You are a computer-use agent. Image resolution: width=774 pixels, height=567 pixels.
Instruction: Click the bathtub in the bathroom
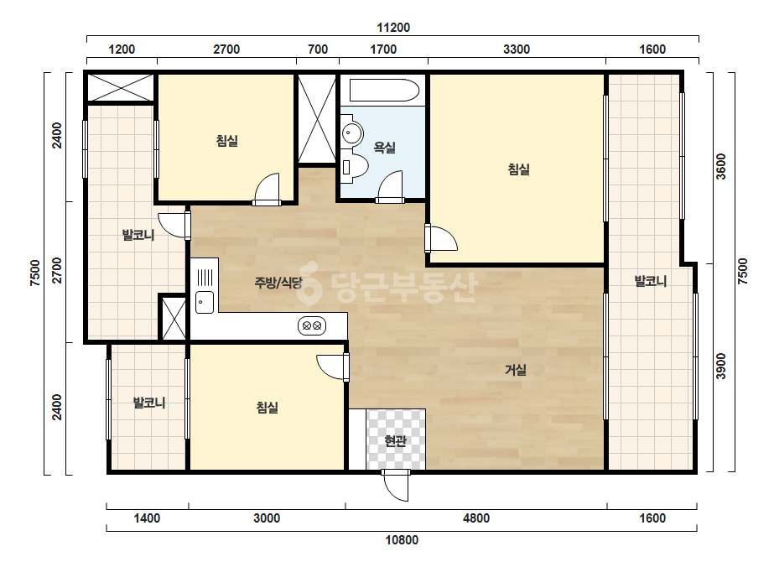384,91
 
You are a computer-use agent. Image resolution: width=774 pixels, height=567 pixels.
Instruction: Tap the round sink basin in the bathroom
352,133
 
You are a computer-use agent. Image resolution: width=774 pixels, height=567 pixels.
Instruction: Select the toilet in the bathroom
354,167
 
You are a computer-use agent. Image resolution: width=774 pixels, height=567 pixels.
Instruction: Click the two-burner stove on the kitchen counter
312,326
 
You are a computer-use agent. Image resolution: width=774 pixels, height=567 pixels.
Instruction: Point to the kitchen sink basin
205,302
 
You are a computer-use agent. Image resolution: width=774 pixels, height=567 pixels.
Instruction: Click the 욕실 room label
385,147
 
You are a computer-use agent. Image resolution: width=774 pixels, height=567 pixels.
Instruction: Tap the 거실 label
516,369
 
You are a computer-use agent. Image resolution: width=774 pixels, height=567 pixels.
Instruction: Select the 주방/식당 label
278,283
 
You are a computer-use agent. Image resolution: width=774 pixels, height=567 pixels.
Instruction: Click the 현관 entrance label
396,440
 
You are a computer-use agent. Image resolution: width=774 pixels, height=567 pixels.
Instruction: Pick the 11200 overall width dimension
393,28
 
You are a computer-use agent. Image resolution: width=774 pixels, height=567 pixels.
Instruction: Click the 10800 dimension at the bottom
402,540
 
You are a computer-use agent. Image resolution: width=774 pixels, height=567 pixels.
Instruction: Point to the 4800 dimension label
476,518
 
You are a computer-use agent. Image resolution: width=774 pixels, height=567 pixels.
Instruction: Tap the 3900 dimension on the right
721,366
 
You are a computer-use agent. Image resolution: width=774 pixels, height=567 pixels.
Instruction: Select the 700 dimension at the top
318,49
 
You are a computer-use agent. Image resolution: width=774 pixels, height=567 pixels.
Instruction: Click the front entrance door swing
396,485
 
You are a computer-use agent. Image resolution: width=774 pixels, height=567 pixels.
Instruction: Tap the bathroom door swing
390,187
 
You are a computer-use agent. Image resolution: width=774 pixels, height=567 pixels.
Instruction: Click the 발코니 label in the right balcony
651,282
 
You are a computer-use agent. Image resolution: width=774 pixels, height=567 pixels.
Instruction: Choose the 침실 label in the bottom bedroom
267,408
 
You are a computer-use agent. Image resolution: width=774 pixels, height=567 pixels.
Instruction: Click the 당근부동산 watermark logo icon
309,283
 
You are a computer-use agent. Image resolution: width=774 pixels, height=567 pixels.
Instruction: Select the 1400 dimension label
147,518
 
